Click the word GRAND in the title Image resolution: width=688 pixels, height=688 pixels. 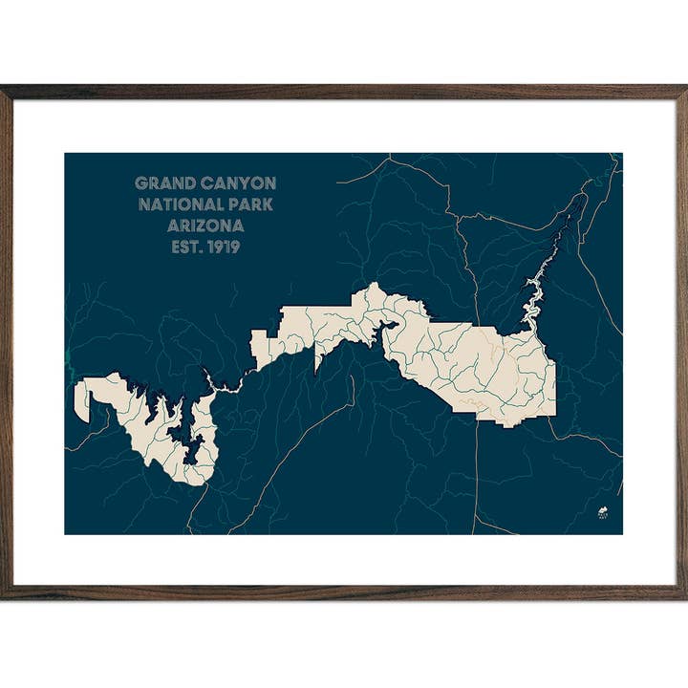pyautogui.click(x=163, y=183)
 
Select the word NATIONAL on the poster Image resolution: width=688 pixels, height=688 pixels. pyautogui.click(x=181, y=204)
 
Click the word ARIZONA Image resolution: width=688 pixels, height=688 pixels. pyautogui.click(x=205, y=226)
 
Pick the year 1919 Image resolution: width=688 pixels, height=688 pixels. pyautogui.click(x=222, y=247)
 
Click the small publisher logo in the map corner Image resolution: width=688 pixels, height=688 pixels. pyautogui.click(x=603, y=513)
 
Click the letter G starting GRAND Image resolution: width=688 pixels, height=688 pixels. pyautogui.click(x=140, y=183)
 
